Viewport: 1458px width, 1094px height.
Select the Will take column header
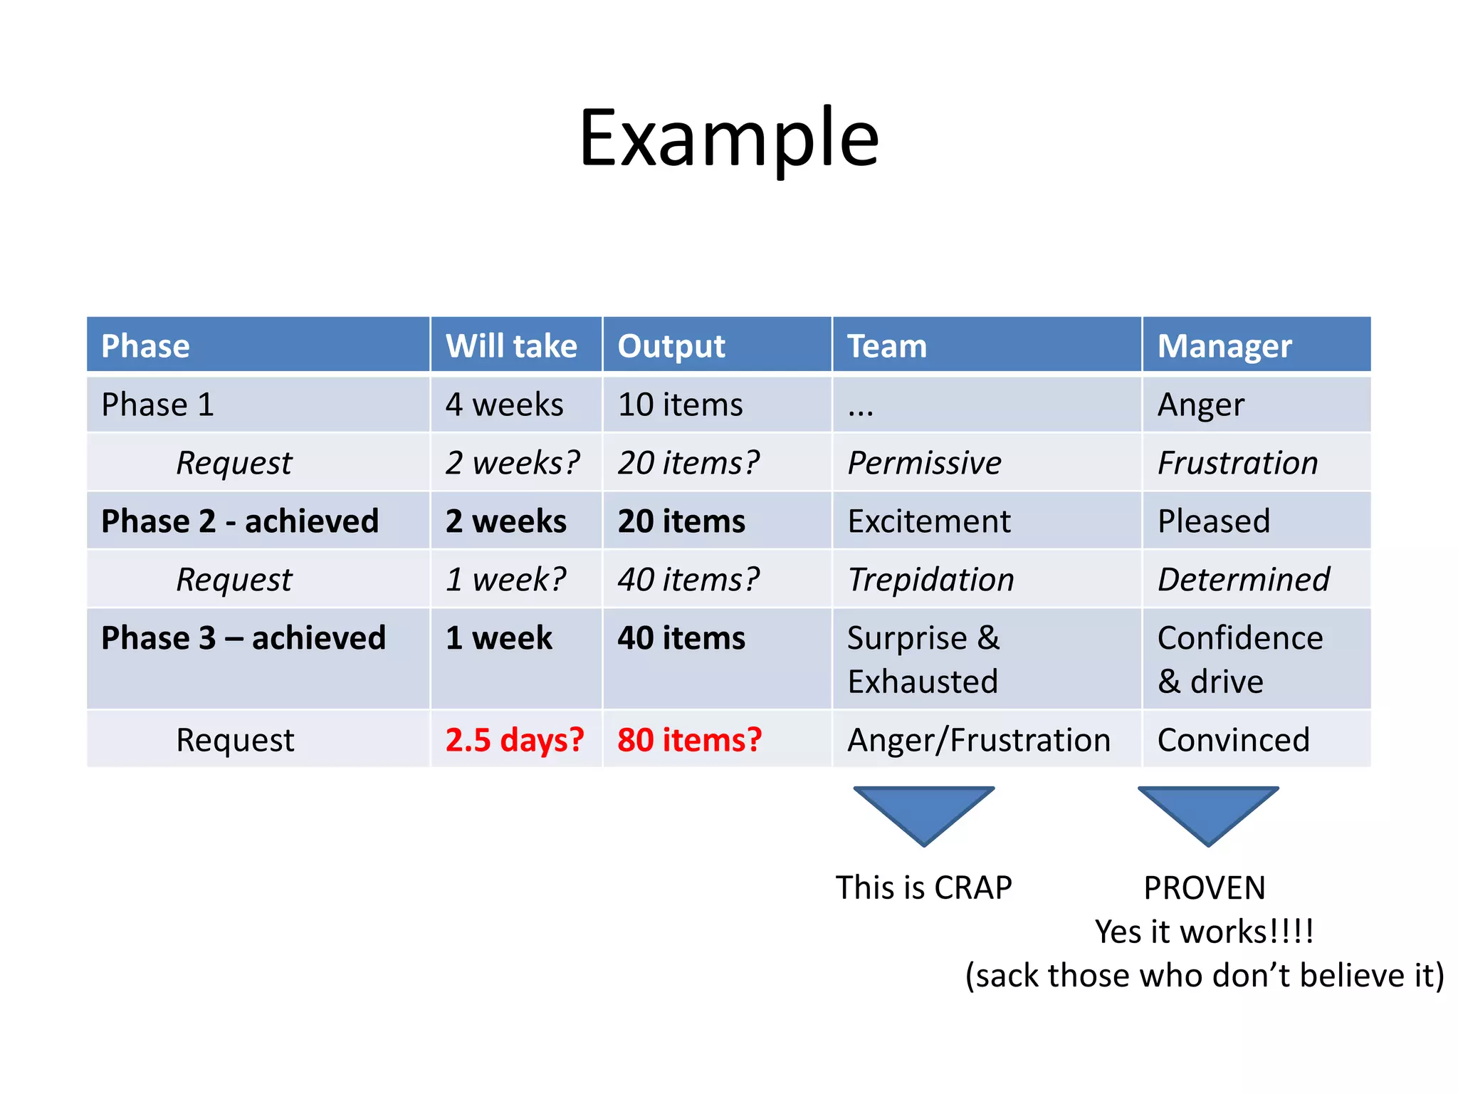511,346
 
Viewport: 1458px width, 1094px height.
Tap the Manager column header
1224,346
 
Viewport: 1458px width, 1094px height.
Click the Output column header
671,346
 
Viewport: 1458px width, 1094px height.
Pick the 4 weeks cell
504,405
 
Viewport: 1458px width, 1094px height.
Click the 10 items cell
680,405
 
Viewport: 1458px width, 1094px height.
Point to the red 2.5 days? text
514,739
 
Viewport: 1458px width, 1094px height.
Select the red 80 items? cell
689,739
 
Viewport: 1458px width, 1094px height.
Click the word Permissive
924,463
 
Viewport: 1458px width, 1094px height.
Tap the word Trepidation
930,580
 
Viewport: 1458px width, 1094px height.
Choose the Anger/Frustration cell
978,739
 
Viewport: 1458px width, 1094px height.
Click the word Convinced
1233,739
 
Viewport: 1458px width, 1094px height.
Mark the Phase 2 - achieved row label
240,521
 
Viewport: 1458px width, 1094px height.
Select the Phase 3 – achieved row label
243,638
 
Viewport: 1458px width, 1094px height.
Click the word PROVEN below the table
1205,888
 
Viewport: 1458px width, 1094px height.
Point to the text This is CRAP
923,888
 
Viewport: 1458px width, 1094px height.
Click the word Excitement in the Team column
929,521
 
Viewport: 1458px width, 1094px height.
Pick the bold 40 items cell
681,638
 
